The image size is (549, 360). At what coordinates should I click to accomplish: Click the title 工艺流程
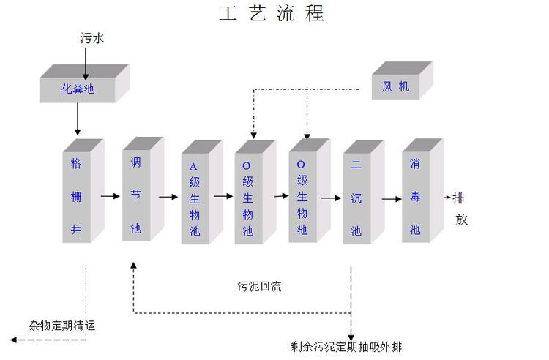coord(270,14)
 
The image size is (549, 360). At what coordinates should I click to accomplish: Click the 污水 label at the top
coord(92,38)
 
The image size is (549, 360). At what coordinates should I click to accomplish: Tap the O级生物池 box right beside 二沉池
coord(302,196)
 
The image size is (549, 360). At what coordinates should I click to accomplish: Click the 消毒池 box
coord(415,196)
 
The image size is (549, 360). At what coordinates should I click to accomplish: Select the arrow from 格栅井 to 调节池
coord(111,196)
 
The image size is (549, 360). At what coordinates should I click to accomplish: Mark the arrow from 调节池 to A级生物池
coord(168,197)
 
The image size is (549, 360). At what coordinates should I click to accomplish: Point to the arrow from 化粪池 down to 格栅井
coord(78,120)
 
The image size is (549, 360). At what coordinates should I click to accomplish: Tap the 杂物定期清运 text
coord(62,326)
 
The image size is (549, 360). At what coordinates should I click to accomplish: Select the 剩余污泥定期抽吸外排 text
coord(346,346)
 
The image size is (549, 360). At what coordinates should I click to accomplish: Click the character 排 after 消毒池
coord(458,198)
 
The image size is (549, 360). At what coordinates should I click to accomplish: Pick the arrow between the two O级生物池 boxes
coord(281,196)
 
